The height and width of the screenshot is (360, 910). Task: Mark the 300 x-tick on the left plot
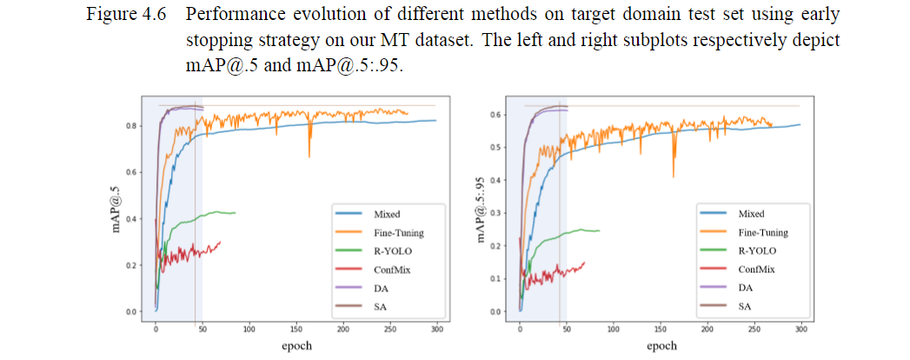tap(436, 330)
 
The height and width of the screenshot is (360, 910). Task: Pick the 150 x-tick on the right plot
tap(661, 330)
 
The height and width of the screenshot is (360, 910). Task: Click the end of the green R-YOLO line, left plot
tap(236, 213)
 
